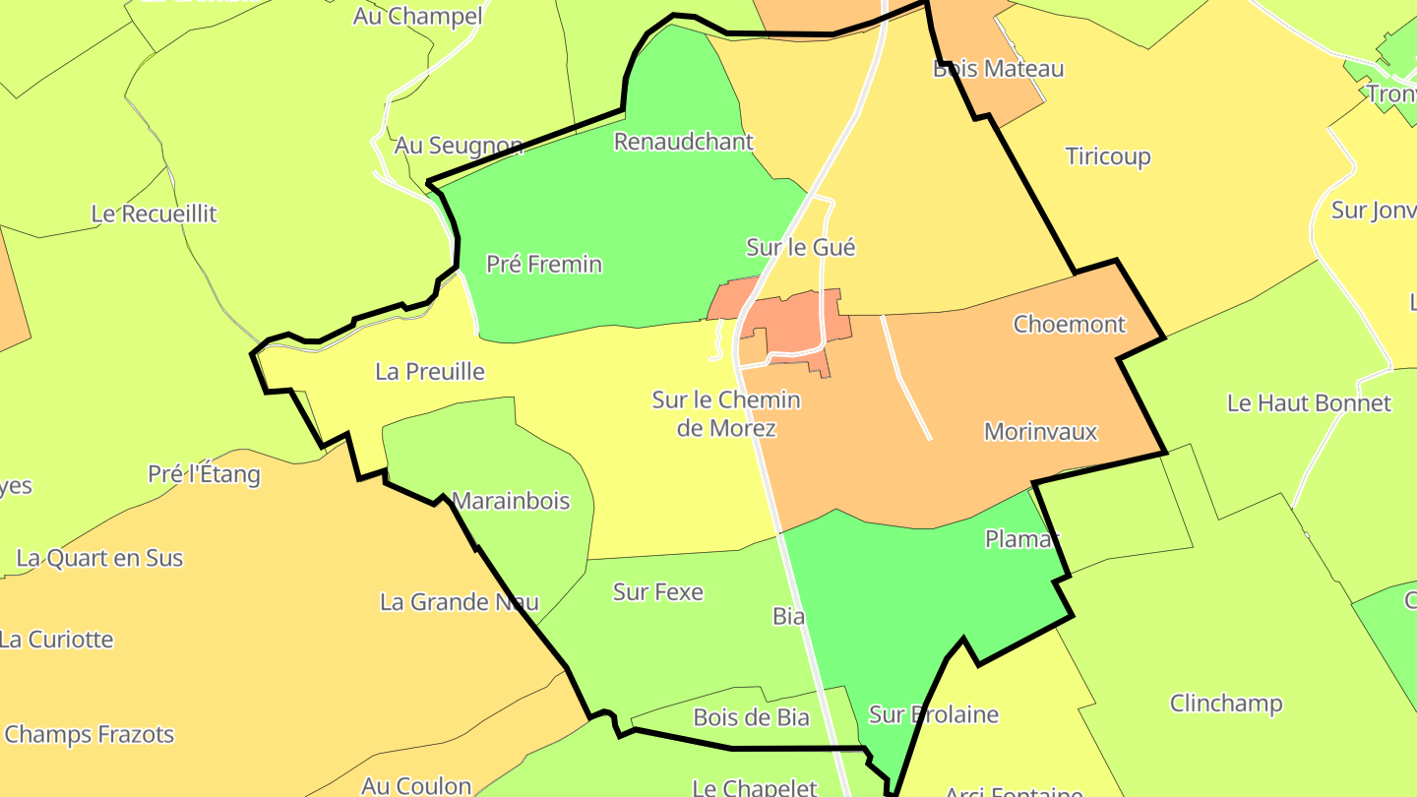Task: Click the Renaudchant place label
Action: click(683, 142)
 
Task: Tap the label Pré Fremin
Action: click(544, 265)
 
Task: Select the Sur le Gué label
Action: click(800, 247)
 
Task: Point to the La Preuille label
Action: click(430, 372)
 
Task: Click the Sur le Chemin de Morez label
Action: click(726, 414)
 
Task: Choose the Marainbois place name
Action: click(511, 501)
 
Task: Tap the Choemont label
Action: click(1070, 324)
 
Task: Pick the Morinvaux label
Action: click(1040, 432)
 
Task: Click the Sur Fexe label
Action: click(658, 592)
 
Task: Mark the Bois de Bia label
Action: click(751, 717)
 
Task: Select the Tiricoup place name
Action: click(1108, 156)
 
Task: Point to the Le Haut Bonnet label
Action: click(1309, 402)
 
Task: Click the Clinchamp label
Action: click(1226, 704)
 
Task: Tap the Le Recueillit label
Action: click(154, 214)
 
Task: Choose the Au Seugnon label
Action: click(459, 147)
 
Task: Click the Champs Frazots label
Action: click(90, 735)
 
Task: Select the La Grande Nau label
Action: click(460, 602)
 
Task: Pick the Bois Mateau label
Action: click(998, 69)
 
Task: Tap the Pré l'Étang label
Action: click(204, 474)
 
